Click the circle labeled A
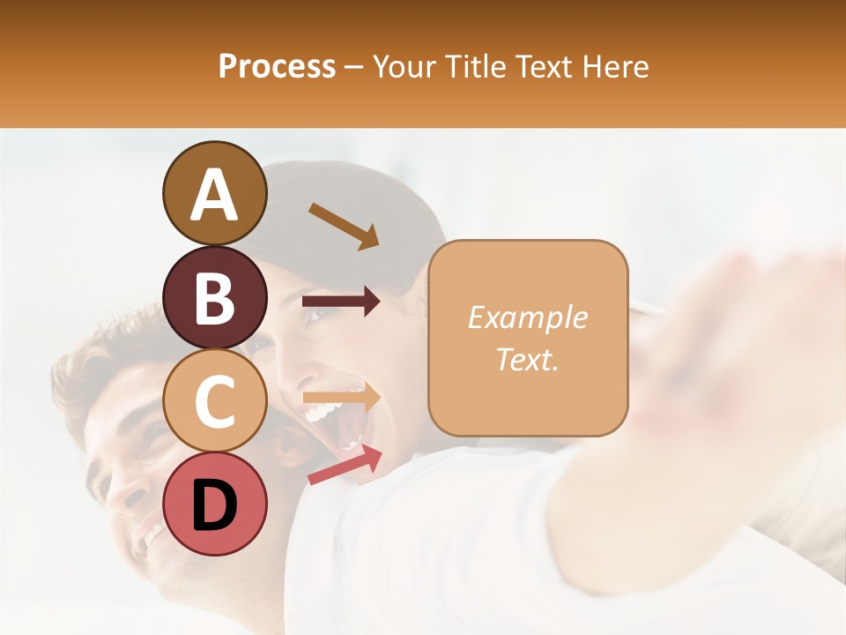tap(214, 193)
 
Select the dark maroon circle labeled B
tap(214, 297)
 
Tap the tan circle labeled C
tap(214, 401)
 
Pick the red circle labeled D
tap(214, 504)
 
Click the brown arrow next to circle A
tap(344, 226)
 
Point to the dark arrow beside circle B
tap(341, 302)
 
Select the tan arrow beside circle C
tap(341, 399)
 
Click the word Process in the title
tap(277, 66)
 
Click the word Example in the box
tap(527, 317)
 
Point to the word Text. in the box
tap(527, 359)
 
